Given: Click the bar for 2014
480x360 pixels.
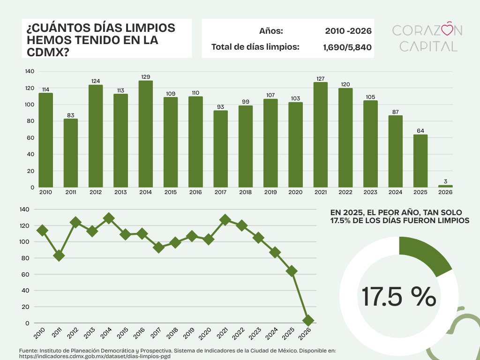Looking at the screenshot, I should (x=146, y=134).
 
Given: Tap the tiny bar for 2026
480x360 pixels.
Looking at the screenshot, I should (x=445, y=186).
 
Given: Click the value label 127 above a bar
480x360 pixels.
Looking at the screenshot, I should (x=321, y=79).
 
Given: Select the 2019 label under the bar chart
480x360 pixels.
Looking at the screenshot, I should (x=270, y=192).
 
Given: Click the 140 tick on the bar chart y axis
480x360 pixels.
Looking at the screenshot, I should (x=30, y=71).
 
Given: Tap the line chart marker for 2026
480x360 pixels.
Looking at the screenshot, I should (x=308, y=321).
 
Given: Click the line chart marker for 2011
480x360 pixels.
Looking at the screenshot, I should (x=59, y=255).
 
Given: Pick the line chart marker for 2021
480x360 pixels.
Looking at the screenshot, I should (x=225, y=220).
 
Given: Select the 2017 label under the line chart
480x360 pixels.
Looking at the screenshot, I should (x=158, y=334).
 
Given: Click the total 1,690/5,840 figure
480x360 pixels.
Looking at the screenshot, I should (x=347, y=47).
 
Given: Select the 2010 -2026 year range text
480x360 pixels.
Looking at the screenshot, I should (x=348, y=31).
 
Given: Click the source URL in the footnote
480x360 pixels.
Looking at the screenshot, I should (x=94, y=356).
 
